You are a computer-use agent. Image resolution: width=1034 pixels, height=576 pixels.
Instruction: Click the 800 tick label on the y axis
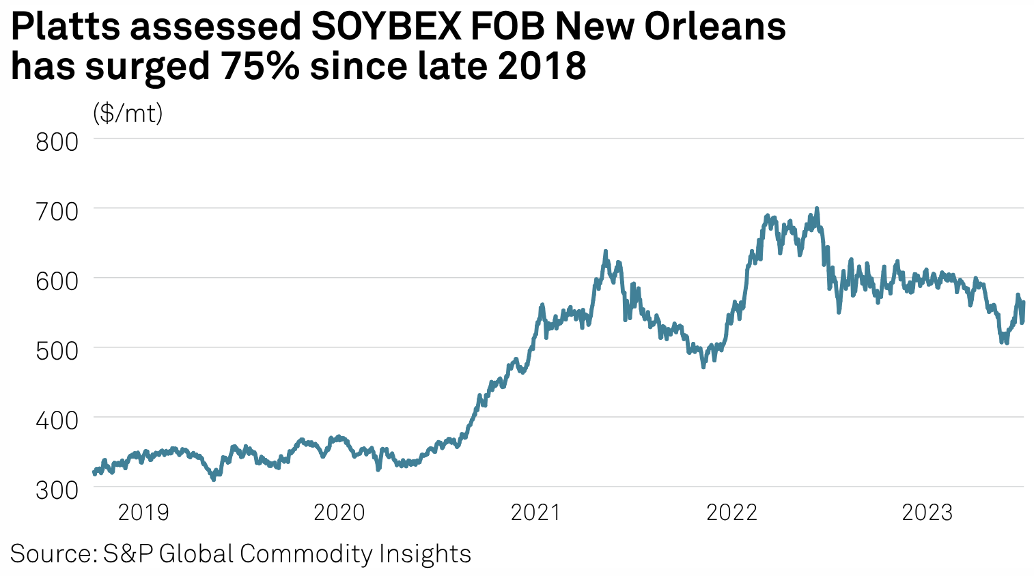pyautogui.click(x=57, y=142)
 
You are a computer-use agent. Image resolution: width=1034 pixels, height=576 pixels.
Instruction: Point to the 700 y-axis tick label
pyautogui.click(x=57, y=212)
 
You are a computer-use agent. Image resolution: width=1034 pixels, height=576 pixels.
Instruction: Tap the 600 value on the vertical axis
pyautogui.click(x=57, y=281)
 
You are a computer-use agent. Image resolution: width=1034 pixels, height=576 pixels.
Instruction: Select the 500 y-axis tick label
pyautogui.click(x=57, y=351)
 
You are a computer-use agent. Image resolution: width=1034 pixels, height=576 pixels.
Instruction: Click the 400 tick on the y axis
pyautogui.click(x=57, y=420)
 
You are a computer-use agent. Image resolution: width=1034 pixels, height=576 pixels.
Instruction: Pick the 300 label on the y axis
pyautogui.click(x=57, y=490)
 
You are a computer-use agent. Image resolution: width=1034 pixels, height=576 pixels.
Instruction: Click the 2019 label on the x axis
pyautogui.click(x=143, y=513)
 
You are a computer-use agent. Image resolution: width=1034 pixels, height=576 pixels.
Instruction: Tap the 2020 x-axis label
pyautogui.click(x=339, y=513)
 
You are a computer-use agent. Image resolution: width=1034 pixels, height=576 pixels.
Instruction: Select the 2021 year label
pyautogui.click(x=535, y=513)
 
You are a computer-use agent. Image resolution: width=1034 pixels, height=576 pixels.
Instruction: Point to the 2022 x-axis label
pyautogui.click(x=731, y=513)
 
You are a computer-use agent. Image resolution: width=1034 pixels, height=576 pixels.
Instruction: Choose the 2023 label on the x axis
pyautogui.click(x=927, y=513)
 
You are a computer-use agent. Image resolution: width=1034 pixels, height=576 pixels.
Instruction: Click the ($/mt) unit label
pyautogui.click(x=128, y=113)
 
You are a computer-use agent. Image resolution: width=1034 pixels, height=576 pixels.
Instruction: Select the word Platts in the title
pyautogui.click(x=64, y=27)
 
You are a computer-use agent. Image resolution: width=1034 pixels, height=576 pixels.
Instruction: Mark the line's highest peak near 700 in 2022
pyautogui.click(x=817, y=209)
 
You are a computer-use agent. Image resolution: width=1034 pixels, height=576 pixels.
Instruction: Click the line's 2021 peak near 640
pyautogui.click(x=606, y=252)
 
